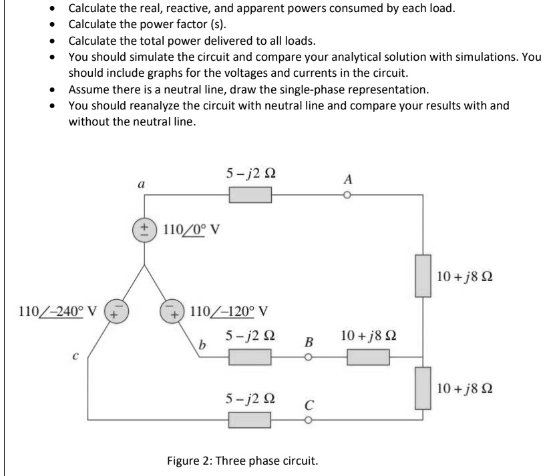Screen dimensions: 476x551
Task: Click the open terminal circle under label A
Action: [347, 195]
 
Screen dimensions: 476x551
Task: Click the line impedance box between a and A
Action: [250, 195]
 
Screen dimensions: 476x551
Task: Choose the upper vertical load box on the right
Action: [423, 275]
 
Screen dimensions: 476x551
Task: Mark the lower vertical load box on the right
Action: [423, 389]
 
